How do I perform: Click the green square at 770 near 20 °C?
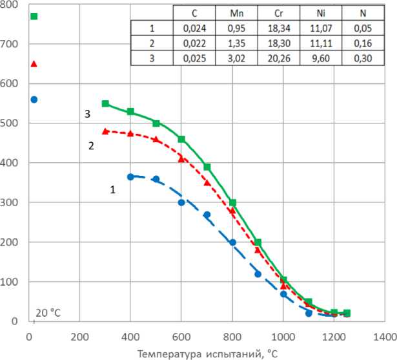(x=34, y=16)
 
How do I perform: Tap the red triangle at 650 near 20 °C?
(x=34, y=64)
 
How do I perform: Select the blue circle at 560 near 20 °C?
(x=34, y=100)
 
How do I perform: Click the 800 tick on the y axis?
(x=10, y=5)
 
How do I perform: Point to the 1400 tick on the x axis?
(x=384, y=336)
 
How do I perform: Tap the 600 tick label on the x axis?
(x=181, y=336)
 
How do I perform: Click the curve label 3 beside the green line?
(x=87, y=113)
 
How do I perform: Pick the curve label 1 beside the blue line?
(x=112, y=189)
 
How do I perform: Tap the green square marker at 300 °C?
(x=105, y=103)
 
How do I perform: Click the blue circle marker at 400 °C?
(x=130, y=176)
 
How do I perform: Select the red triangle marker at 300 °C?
(x=105, y=131)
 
